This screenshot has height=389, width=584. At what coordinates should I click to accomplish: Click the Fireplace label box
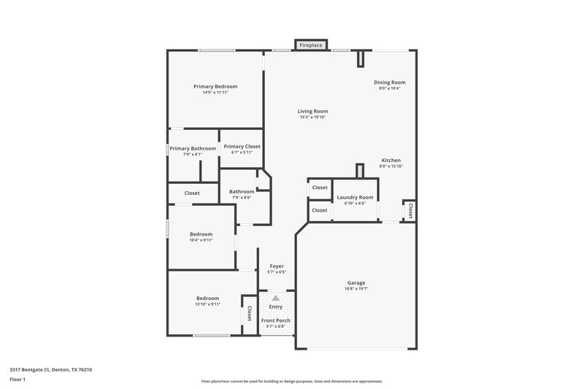tap(311, 45)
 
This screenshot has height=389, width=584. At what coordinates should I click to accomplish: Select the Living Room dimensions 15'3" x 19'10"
tap(312, 117)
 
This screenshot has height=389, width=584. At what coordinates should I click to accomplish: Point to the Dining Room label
tap(390, 82)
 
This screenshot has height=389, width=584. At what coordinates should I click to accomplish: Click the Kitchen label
tap(391, 160)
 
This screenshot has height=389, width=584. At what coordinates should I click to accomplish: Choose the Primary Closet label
tap(242, 146)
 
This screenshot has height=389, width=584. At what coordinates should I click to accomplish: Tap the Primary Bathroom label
tap(193, 148)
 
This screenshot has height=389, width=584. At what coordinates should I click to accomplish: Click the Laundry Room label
tap(355, 197)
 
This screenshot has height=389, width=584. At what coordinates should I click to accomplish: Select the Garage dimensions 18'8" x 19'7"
tap(356, 288)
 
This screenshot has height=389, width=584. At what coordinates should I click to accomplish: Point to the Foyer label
tap(277, 266)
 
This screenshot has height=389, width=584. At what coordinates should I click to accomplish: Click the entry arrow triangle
tap(275, 299)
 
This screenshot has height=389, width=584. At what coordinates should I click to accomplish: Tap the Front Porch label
tap(276, 320)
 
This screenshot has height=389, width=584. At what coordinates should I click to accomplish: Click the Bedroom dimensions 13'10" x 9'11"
tap(207, 304)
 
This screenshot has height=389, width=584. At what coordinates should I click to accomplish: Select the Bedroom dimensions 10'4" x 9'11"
tap(201, 239)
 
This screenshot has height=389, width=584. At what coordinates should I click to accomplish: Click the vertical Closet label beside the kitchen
tap(410, 211)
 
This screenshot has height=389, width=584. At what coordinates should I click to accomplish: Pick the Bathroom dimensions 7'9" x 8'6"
tap(242, 198)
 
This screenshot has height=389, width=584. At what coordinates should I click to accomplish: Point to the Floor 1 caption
tap(18, 380)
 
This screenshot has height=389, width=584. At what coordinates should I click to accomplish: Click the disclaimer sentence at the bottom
tap(292, 381)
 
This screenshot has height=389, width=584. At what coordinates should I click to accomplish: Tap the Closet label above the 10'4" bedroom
tap(192, 193)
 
